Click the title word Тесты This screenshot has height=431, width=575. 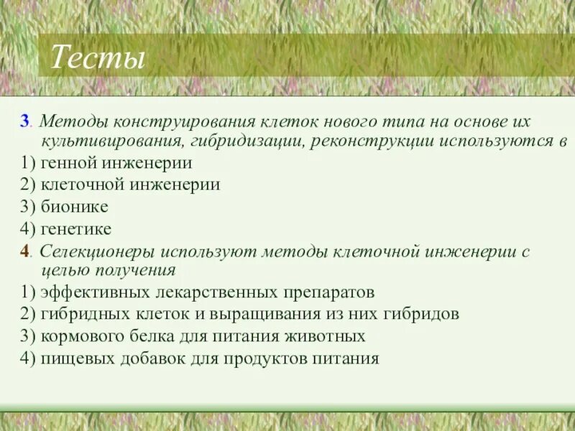(97, 57)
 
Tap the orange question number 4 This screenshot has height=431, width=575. (26, 252)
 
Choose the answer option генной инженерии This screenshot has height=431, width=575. (116, 163)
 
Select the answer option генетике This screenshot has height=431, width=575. (76, 229)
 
